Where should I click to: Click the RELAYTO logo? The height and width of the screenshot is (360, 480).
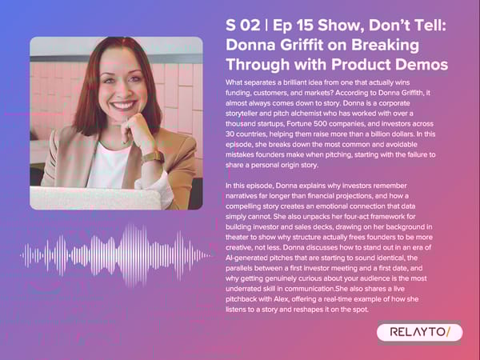tap(418, 331)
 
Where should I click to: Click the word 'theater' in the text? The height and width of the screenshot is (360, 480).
tap(242, 247)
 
